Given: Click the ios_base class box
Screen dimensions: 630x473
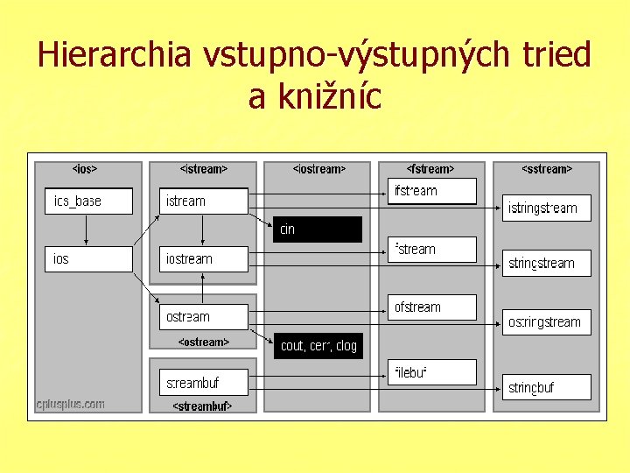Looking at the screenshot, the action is point(88,201).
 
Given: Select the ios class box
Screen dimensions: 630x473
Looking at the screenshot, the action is point(88,259).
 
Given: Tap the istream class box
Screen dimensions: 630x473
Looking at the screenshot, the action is point(204,201).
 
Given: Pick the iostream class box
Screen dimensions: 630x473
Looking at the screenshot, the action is point(204,259).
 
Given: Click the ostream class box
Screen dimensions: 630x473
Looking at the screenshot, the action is point(204,317).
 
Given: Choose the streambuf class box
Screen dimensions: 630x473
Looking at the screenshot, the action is point(204,383).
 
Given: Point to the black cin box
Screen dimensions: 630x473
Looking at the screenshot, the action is point(317,229).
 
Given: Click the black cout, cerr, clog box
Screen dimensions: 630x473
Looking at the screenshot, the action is point(318,346).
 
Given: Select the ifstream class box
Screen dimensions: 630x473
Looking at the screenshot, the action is point(432,191).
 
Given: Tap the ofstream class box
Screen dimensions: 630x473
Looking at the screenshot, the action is point(432,307).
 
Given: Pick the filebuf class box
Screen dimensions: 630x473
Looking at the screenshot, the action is point(432,373).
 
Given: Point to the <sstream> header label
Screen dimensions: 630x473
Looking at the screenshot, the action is point(547,169).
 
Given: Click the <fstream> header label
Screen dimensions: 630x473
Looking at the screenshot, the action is point(430,169).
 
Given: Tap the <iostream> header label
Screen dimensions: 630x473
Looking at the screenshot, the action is point(318,169).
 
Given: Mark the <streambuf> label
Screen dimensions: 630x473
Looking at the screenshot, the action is point(202,406).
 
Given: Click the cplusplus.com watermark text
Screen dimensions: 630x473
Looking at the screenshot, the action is point(71,404).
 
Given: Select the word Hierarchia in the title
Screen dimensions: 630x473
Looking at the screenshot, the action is point(114,55).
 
